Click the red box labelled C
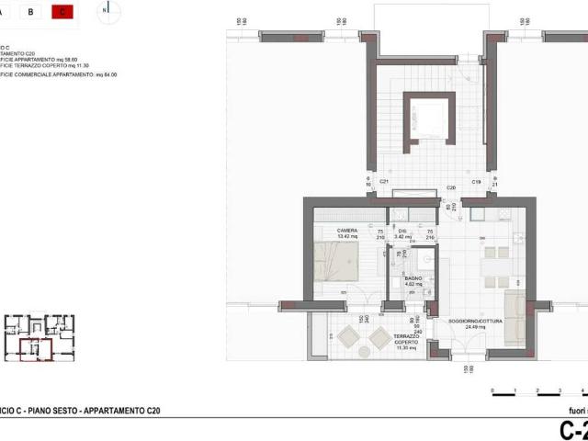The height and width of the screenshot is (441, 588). (x=62, y=12)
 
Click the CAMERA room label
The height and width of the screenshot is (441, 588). (x=346, y=231)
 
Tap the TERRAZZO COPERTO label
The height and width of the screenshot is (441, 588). (x=405, y=340)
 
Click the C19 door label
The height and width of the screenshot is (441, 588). (x=477, y=183)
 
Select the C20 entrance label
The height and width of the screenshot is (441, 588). (x=451, y=187)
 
